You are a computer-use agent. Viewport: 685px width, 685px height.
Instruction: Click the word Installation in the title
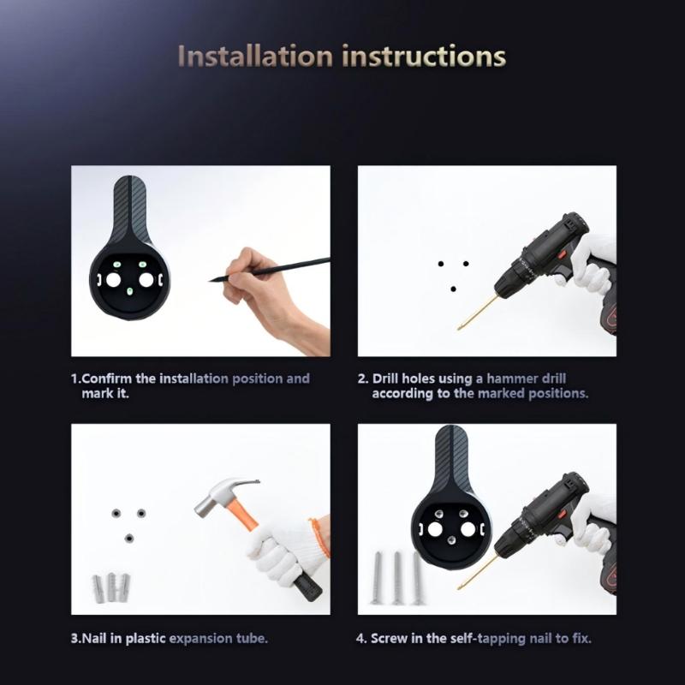255,57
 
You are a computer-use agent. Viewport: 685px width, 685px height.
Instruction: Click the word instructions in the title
424,57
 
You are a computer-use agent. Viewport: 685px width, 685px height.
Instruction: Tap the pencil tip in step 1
210,281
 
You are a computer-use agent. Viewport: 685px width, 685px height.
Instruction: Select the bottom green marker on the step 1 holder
129,291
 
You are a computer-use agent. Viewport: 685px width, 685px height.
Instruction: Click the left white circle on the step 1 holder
113,280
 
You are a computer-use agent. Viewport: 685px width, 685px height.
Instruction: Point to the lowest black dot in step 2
453,289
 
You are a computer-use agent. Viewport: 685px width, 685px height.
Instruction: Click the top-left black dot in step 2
441,264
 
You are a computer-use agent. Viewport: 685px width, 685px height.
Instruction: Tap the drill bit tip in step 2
459,328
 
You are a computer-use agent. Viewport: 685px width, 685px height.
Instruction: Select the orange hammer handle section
241,515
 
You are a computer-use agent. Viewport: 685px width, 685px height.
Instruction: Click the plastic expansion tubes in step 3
111,587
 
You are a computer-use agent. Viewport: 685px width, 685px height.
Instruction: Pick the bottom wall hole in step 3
129,539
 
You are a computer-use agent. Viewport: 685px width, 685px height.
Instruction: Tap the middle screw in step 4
397,578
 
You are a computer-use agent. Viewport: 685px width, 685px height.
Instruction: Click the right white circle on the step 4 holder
468,529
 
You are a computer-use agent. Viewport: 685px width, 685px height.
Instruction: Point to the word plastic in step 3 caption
146,638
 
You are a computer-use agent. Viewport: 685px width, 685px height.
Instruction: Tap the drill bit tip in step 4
459,587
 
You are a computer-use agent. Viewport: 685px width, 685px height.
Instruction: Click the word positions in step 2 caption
558,394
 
